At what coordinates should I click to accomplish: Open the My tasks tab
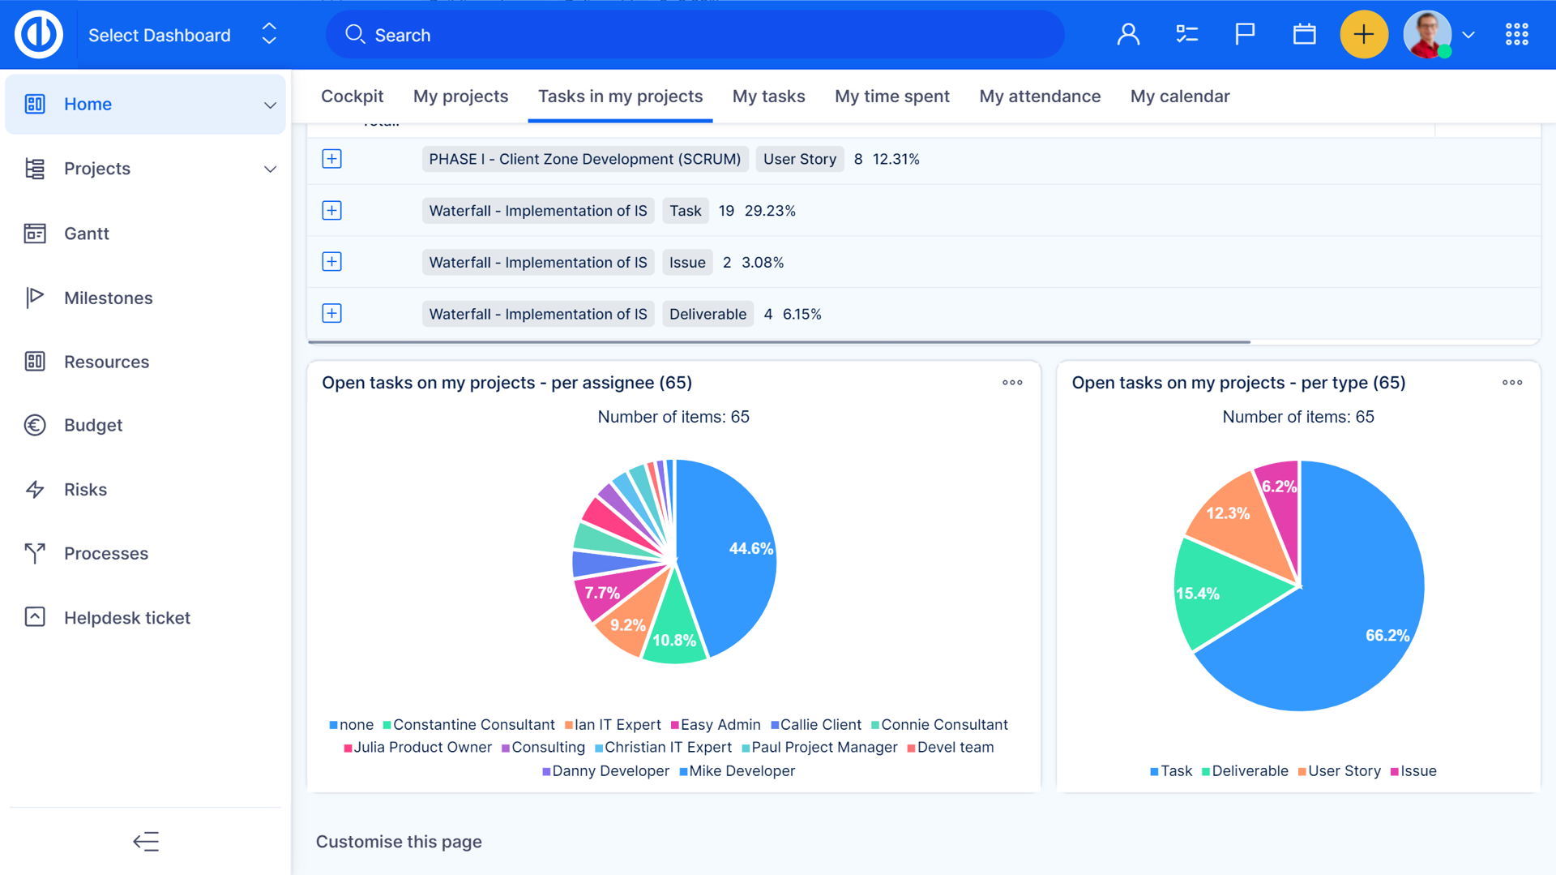pyautogui.click(x=768, y=97)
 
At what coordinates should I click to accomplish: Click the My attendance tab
pyautogui.click(x=1040, y=97)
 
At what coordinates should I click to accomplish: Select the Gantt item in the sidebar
pyautogui.click(x=86, y=234)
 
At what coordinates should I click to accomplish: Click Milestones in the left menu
pyautogui.click(x=108, y=298)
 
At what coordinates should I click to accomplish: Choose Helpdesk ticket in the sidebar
pyautogui.click(x=126, y=618)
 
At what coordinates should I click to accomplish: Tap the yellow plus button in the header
pyautogui.click(x=1364, y=35)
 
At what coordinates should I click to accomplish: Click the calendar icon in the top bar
pyautogui.click(x=1304, y=35)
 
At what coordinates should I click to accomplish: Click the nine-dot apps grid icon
pyautogui.click(x=1516, y=35)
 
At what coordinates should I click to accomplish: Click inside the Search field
pyautogui.click(x=697, y=35)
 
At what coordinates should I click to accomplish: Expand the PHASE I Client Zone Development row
pyautogui.click(x=331, y=159)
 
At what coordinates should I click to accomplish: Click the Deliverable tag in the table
pyautogui.click(x=707, y=314)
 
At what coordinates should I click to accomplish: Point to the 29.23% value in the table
pyautogui.click(x=770, y=211)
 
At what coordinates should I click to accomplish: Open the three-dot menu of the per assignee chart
pyautogui.click(x=1012, y=383)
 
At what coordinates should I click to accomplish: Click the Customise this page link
pyautogui.click(x=399, y=842)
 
